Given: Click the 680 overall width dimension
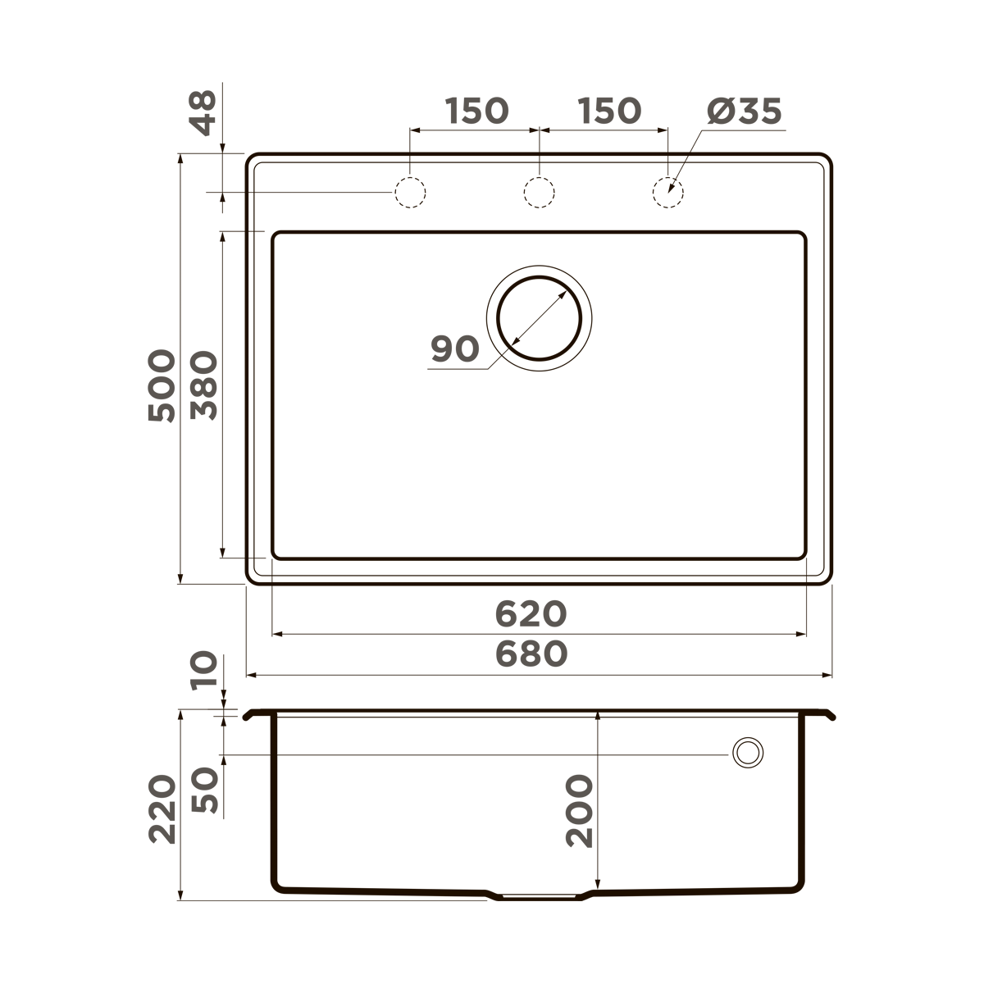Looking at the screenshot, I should point(531,654).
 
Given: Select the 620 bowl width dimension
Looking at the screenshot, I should point(531,613).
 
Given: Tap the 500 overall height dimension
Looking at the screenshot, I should point(162,385).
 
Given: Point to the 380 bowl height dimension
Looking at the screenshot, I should point(204,385).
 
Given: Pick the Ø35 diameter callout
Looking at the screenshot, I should point(744,112).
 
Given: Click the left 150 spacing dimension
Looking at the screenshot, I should point(476,110).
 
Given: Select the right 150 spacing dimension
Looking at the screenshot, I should point(608,110).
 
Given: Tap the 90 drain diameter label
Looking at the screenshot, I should point(455,349).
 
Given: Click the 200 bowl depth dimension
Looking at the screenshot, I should point(580,810).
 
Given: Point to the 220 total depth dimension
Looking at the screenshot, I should point(162,809).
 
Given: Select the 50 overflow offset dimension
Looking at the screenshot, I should point(204,790).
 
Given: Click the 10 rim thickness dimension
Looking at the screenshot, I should point(204,671).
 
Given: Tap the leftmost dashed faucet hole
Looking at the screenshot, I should point(410,193).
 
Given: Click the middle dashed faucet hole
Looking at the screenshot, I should point(539,193).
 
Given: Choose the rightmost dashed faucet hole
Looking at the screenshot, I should point(667,193).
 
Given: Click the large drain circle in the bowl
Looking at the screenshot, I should point(539,318).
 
